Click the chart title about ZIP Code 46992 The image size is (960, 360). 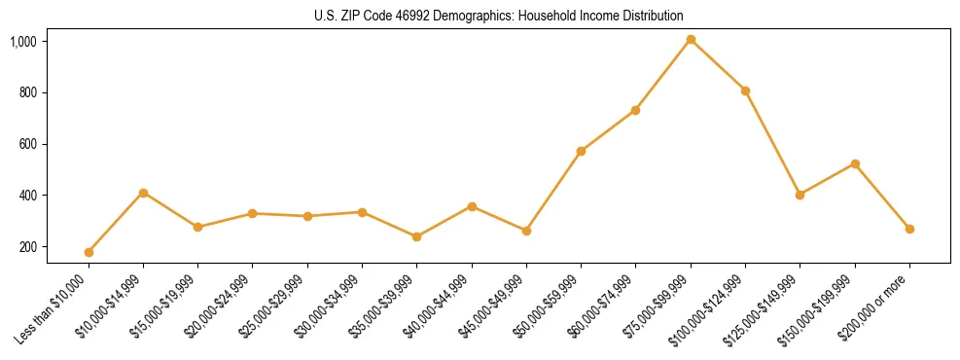499,16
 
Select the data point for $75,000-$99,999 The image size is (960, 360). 691,40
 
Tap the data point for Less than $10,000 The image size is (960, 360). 89,252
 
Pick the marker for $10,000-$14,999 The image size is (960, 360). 143,193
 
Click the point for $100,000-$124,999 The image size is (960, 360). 745,90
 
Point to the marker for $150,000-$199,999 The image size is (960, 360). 855,163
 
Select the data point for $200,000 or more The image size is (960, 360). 909,229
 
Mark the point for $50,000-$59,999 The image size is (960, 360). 581,151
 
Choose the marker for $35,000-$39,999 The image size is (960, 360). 416,236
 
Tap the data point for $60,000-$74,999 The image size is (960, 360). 635,110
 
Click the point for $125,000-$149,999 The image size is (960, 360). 800,195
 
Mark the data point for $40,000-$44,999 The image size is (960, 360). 472,206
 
